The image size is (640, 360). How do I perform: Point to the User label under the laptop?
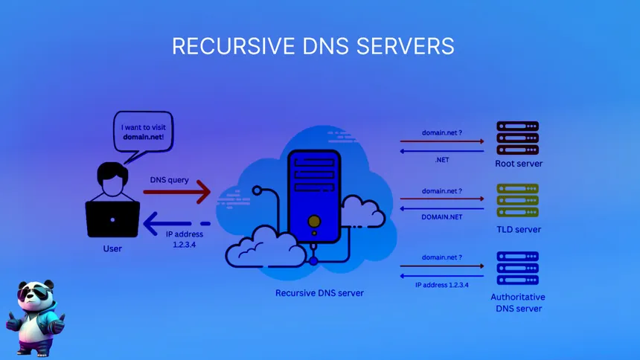[112, 248]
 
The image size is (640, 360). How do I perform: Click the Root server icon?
[518, 138]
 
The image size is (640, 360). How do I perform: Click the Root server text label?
[518, 164]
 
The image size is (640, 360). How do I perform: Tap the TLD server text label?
[518, 229]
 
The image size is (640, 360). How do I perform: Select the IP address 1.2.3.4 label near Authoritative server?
[442, 285]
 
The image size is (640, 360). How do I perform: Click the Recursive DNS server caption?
[319, 293]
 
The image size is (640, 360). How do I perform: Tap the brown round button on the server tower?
[314, 221]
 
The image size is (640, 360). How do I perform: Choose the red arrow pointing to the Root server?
[442, 141]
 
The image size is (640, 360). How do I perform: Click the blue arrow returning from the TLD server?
[442, 209]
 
